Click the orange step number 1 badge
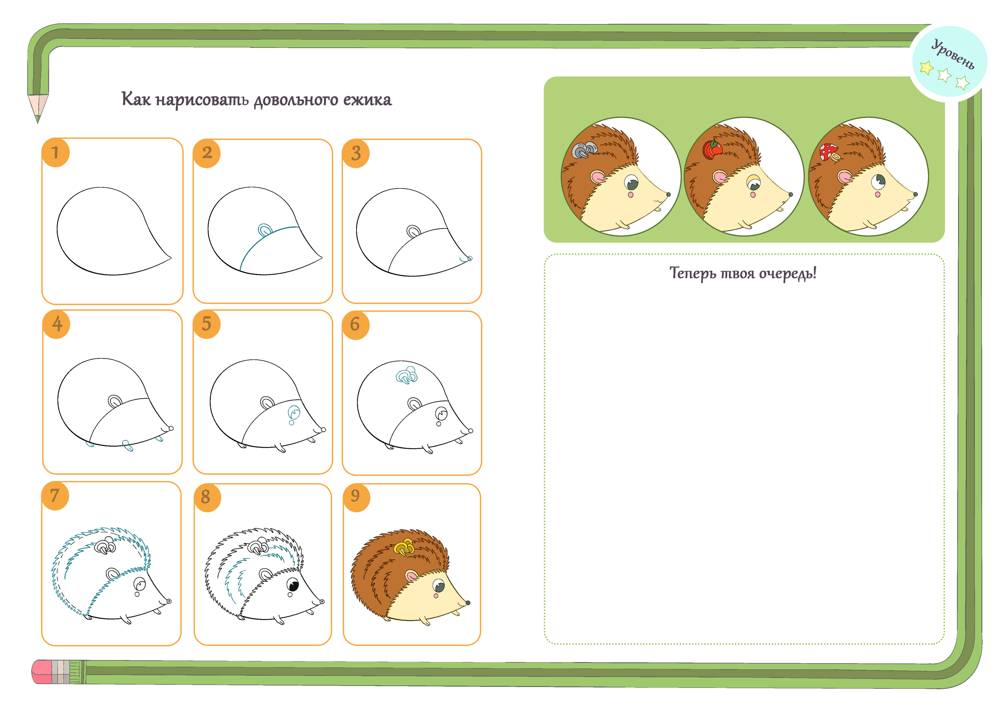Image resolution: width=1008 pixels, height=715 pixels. pyautogui.click(x=55, y=152)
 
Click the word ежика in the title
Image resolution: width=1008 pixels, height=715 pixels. pyautogui.click(x=367, y=100)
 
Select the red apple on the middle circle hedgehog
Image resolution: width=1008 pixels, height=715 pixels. pyautogui.click(x=711, y=149)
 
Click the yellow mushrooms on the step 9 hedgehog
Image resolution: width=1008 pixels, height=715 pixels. pyautogui.click(x=404, y=547)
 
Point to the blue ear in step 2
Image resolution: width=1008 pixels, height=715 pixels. pyautogui.click(x=265, y=230)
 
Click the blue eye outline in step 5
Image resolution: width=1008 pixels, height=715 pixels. pyautogui.click(x=294, y=412)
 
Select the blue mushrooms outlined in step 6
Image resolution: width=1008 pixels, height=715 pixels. pyautogui.click(x=406, y=375)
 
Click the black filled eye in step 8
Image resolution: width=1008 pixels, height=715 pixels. pyautogui.click(x=293, y=585)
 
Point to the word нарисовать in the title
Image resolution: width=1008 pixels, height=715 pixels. pyautogui.click(x=202, y=100)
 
